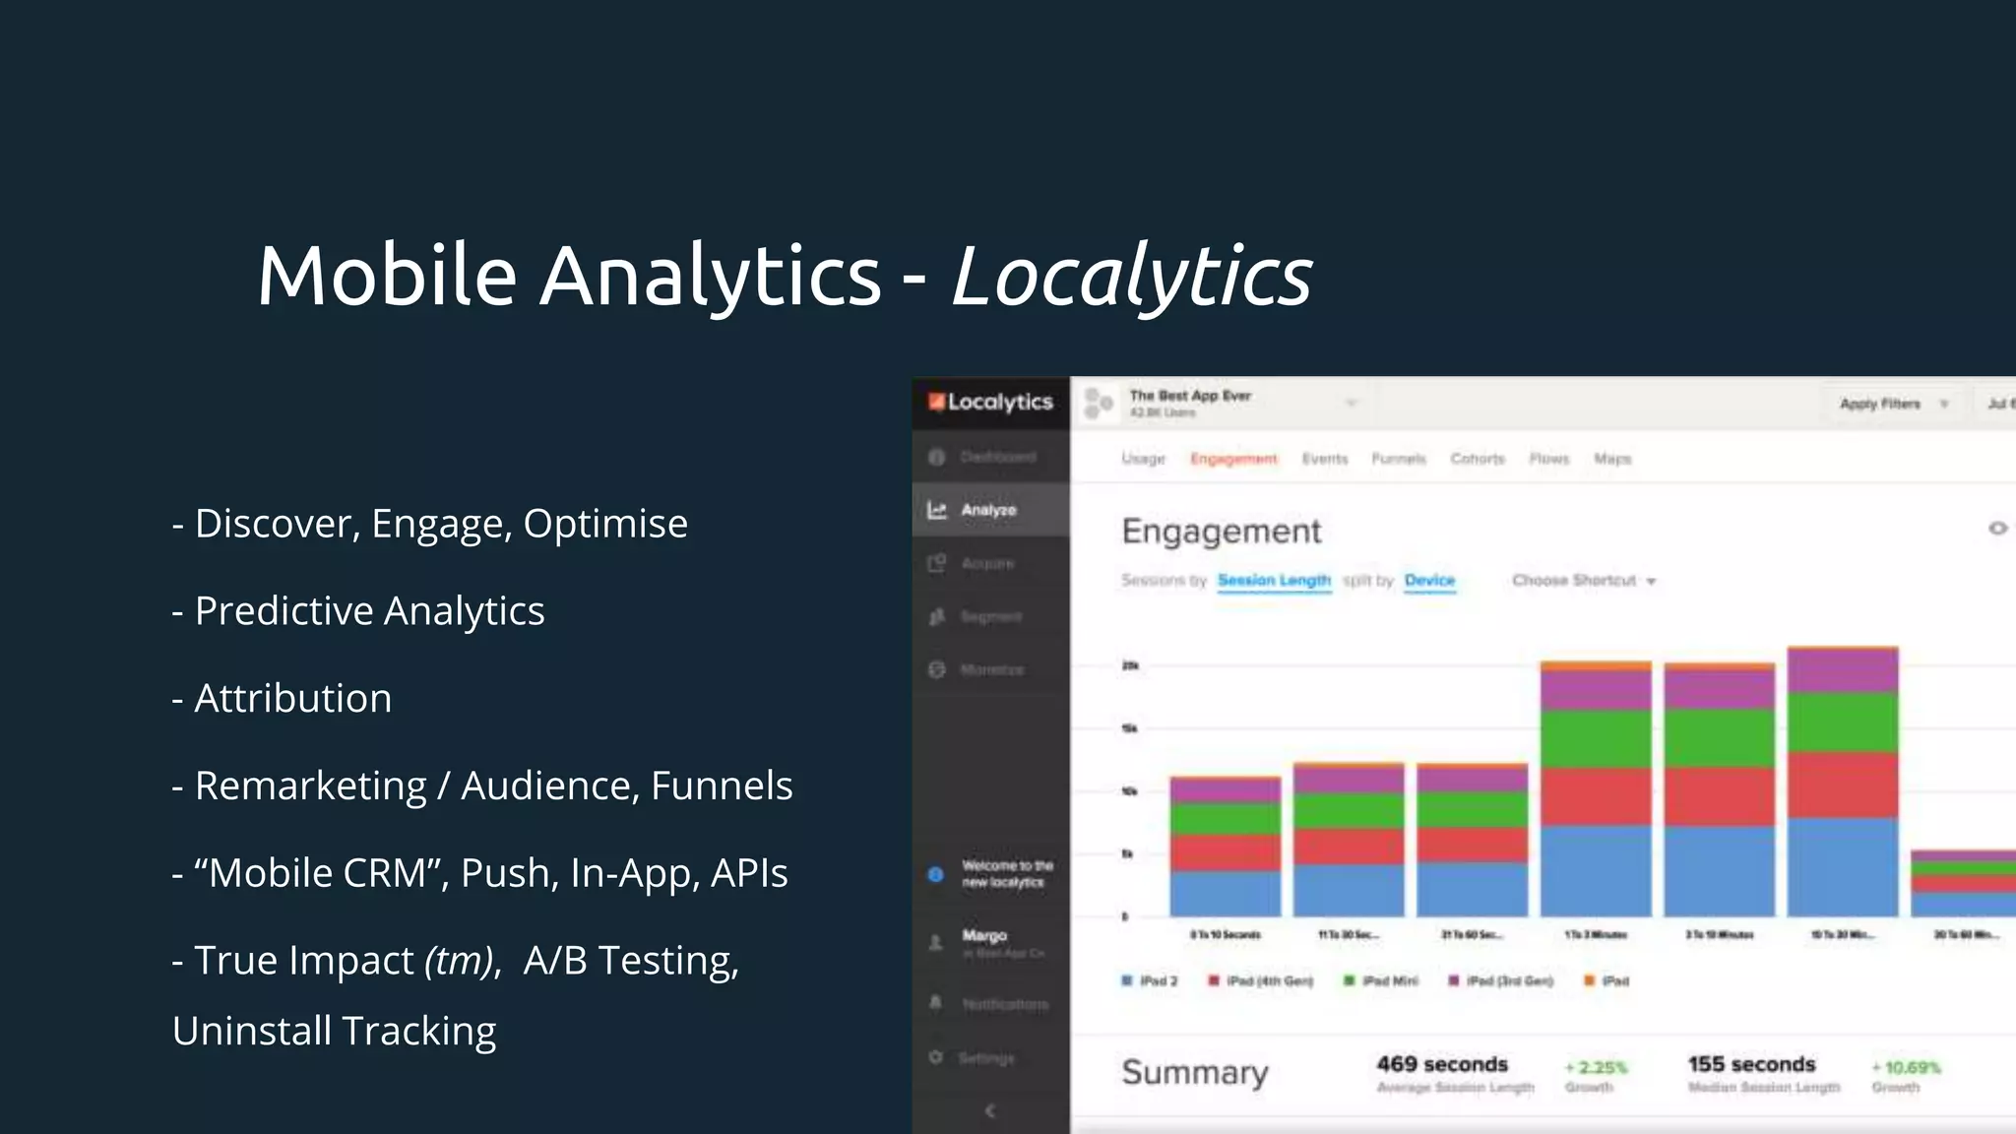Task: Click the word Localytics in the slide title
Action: click(x=1132, y=277)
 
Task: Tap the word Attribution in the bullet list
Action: click(x=292, y=699)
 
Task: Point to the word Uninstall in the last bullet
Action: click(x=252, y=1032)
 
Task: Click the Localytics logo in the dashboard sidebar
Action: click(x=990, y=402)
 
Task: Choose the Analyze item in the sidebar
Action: click(x=988, y=510)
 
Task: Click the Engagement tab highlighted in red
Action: click(x=1233, y=459)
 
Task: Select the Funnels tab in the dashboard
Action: click(x=1398, y=459)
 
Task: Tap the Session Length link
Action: click(x=1274, y=581)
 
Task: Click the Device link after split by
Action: click(x=1429, y=581)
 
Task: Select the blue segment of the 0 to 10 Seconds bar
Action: click(x=1226, y=893)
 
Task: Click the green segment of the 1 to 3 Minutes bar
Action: click(x=1596, y=738)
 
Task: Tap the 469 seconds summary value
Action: click(x=1442, y=1064)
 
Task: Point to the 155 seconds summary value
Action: click(x=1751, y=1064)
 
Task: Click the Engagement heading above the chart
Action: click(x=1221, y=532)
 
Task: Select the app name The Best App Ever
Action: click(x=1190, y=396)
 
